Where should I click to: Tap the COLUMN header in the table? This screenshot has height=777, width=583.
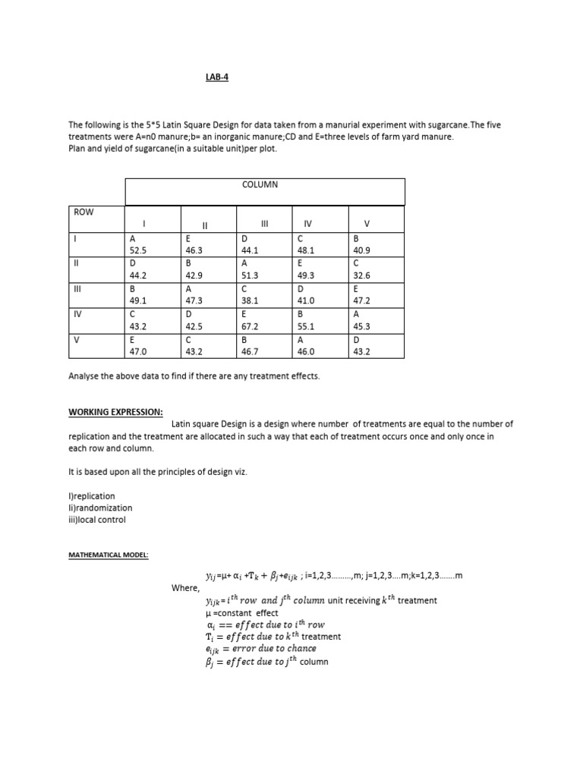pyautogui.click(x=260, y=184)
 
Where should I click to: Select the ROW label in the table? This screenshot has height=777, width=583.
pyautogui.click(x=83, y=212)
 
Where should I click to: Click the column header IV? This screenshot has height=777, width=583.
pyautogui.click(x=307, y=225)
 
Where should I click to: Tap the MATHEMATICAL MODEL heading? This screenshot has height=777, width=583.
pyautogui.click(x=109, y=555)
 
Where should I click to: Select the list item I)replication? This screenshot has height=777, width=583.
pyautogui.click(x=92, y=496)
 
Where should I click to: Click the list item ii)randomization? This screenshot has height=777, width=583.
pyautogui.click(x=99, y=508)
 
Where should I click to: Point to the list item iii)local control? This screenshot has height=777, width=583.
pyautogui.click(x=97, y=520)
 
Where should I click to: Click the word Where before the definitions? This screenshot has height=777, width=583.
pyautogui.click(x=185, y=588)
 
